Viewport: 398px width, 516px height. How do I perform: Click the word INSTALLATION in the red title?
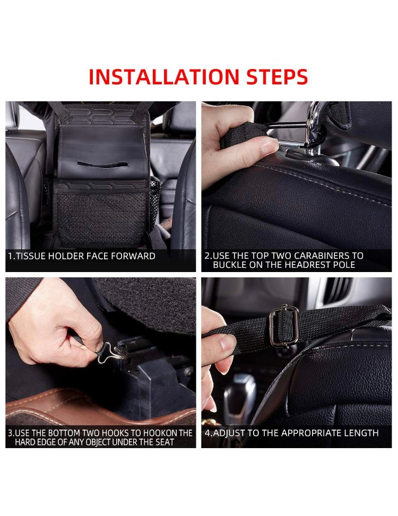coord(164,77)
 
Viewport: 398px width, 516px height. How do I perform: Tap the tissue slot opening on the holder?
coord(102,164)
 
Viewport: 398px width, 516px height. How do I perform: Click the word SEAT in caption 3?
coord(165,442)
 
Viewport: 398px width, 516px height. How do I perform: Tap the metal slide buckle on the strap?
coord(284,326)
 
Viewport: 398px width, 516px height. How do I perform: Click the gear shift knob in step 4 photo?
coord(240,394)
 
